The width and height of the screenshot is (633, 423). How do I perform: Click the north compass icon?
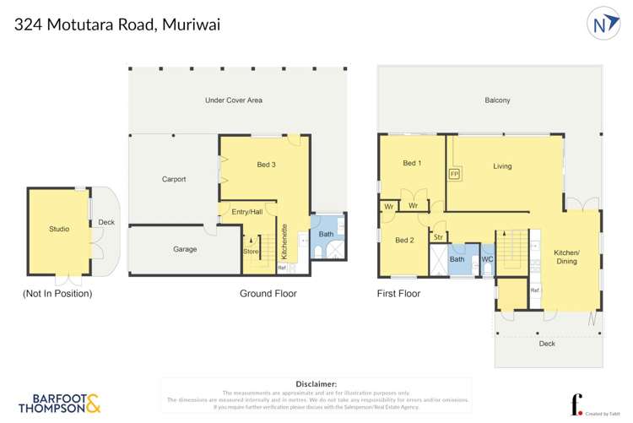(603, 24)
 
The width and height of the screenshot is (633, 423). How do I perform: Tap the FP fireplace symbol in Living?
(454, 174)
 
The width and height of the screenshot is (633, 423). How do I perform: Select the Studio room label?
(59, 229)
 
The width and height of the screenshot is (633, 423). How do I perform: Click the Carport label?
(174, 179)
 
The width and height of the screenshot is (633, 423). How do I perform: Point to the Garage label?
(185, 249)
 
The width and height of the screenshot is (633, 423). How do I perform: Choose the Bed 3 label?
(267, 165)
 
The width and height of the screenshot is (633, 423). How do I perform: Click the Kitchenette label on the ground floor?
(285, 241)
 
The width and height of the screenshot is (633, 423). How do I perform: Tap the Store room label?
(251, 251)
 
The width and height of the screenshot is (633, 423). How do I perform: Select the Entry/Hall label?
(247, 212)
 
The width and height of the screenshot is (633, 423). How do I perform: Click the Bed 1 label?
(412, 163)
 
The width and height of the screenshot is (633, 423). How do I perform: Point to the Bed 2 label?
(405, 241)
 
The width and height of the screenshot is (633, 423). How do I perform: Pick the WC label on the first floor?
(487, 259)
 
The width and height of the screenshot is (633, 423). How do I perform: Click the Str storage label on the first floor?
(438, 237)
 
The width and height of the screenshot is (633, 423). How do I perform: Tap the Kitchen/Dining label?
(566, 257)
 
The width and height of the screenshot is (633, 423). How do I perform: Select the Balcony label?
(497, 100)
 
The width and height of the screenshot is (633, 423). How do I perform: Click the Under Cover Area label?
(234, 100)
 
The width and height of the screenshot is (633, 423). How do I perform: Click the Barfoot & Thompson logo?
(59, 403)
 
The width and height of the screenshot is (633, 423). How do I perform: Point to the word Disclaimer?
(316, 384)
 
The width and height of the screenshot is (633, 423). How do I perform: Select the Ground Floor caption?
(268, 294)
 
